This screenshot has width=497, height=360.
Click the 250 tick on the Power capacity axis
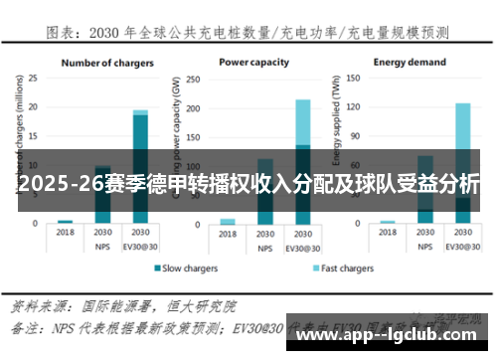click(196, 77)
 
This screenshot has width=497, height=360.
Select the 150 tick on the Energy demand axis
click(355, 77)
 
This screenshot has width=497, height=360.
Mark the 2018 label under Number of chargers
click(66, 232)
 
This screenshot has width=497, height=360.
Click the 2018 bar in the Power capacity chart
click(229, 221)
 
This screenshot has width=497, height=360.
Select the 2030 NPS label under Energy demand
click(425, 238)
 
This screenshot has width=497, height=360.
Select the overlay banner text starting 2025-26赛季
click(248, 184)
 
